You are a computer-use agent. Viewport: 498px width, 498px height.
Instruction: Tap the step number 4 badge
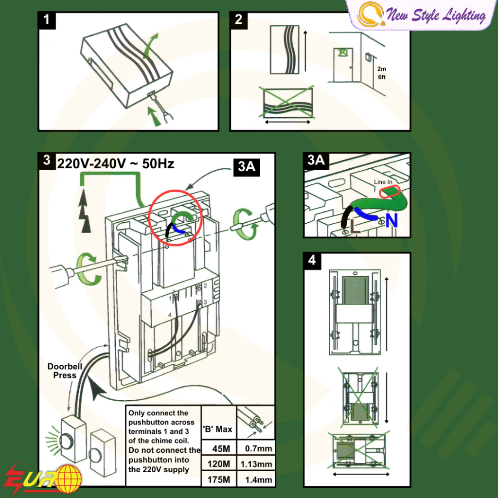pos(312,260)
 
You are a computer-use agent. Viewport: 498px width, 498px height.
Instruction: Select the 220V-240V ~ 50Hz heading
pos(115,163)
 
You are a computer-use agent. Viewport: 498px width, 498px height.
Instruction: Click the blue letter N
pos(391,221)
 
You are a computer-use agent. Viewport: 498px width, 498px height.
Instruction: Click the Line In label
pos(383,182)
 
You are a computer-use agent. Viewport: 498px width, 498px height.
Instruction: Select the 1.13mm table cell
pos(256,464)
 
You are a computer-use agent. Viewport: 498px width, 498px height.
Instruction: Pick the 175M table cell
pos(218,480)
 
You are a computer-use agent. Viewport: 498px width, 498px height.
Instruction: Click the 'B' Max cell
pos(218,429)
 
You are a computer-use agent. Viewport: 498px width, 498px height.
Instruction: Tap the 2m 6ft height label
pos(382,73)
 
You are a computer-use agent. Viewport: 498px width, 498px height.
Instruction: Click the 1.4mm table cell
pos(256,480)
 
